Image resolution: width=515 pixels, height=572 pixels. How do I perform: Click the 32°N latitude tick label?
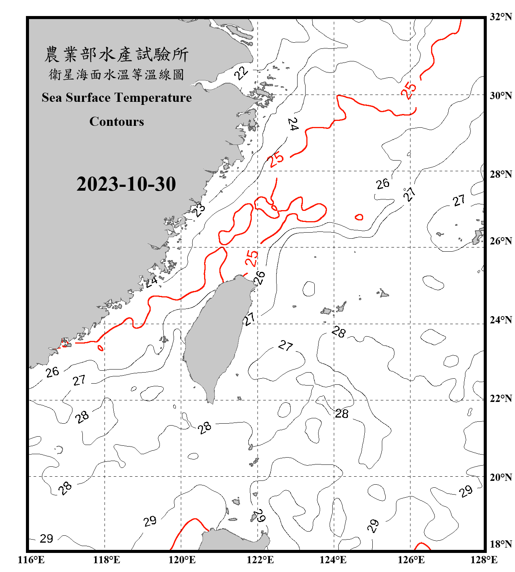click(x=501, y=17)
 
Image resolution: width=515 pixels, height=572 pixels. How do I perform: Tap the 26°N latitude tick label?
click(x=501, y=241)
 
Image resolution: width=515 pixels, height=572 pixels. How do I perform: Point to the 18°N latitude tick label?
click(x=501, y=544)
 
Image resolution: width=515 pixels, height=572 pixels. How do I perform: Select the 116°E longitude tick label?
click(x=31, y=560)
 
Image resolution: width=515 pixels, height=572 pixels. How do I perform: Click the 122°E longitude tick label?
click(x=260, y=560)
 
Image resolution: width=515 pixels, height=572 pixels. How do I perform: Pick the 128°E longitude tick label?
click(x=484, y=560)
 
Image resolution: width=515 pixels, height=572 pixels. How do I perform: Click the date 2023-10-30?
click(x=126, y=184)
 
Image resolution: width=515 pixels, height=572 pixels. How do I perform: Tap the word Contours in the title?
click(x=117, y=122)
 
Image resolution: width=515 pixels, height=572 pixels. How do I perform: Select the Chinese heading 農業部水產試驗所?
click(x=116, y=55)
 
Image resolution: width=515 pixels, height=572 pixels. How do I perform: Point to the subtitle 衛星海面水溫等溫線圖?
click(x=116, y=74)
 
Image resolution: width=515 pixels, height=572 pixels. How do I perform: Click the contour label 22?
click(x=241, y=72)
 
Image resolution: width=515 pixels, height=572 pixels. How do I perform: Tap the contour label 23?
click(x=199, y=210)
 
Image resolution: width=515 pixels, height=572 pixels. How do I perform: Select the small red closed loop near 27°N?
click(x=359, y=217)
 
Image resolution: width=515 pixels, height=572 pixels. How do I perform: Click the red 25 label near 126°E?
click(x=409, y=90)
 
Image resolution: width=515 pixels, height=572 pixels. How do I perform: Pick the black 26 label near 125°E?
click(x=383, y=184)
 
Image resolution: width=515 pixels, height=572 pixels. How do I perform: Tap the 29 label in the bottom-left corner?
click(x=47, y=538)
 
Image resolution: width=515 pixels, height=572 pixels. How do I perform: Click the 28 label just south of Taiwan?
click(x=205, y=427)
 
